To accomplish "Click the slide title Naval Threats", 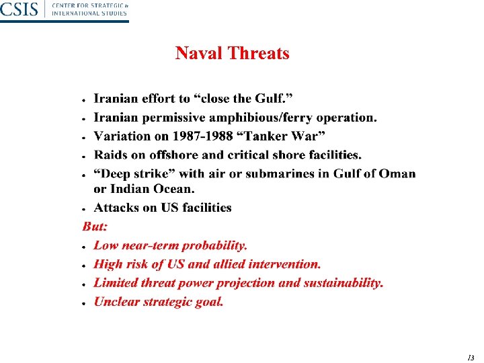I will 232,53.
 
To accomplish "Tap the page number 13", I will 470,357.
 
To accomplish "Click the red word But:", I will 95,227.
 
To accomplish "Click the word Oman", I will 397,173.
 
